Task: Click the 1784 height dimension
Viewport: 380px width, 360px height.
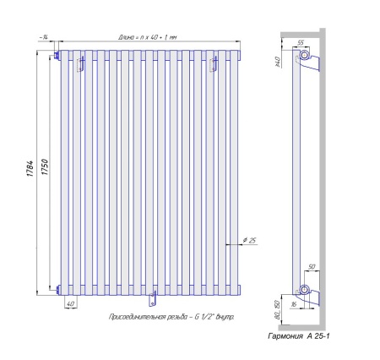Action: coord(30,168)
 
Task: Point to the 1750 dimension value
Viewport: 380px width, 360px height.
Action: coord(45,166)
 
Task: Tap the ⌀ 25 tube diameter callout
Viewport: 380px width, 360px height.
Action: coord(250,240)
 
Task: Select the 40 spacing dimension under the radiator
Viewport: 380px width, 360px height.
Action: coord(70,303)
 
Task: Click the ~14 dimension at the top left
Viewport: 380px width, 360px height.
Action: coord(44,37)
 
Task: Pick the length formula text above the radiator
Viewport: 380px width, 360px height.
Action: coord(148,37)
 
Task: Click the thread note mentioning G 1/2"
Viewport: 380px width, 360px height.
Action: coord(171,317)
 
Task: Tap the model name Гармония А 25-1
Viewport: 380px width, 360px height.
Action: coord(299,335)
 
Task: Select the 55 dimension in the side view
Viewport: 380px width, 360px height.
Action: coord(301,43)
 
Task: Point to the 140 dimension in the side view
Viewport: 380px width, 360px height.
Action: coord(277,62)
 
